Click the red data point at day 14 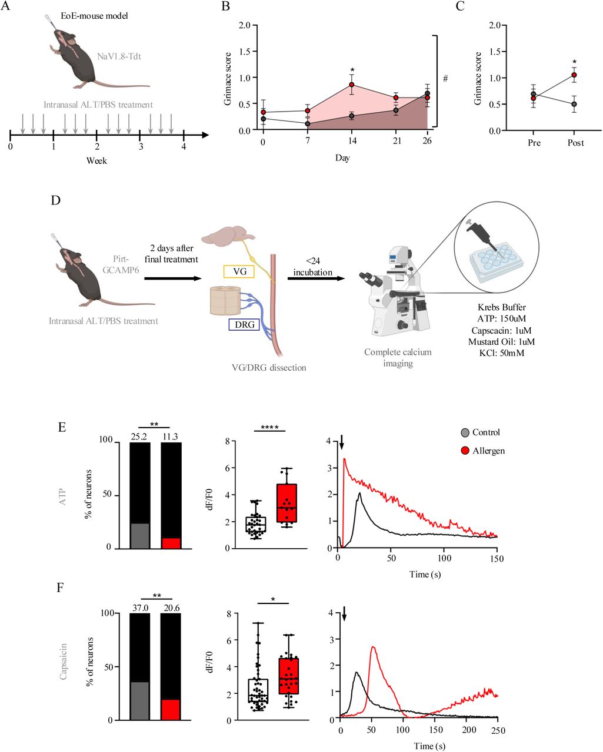[352, 85]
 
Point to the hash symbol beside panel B [445, 78]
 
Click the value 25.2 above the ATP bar [139, 436]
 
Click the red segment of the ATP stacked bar [171, 543]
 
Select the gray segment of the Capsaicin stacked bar [139, 701]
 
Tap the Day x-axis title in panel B [342, 158]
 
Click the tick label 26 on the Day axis [427, 141]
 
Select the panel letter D [56, 200]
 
